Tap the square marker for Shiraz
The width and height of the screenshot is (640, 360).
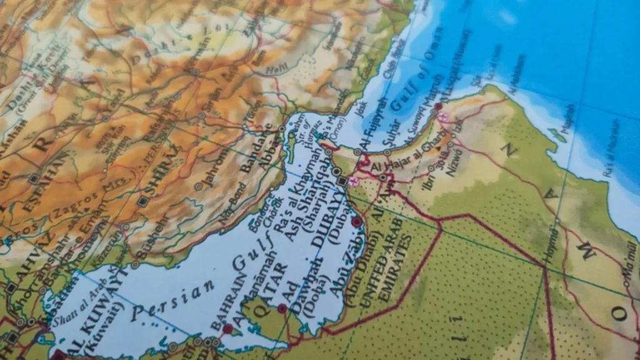[x=144, y=201]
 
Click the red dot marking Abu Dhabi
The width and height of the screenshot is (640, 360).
[x=357, y=222]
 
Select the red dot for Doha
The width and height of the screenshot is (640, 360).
[x=282, y=308]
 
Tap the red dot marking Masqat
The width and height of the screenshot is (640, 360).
[x=438, y=107]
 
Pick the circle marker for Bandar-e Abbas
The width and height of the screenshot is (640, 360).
[x=282, y=129]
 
